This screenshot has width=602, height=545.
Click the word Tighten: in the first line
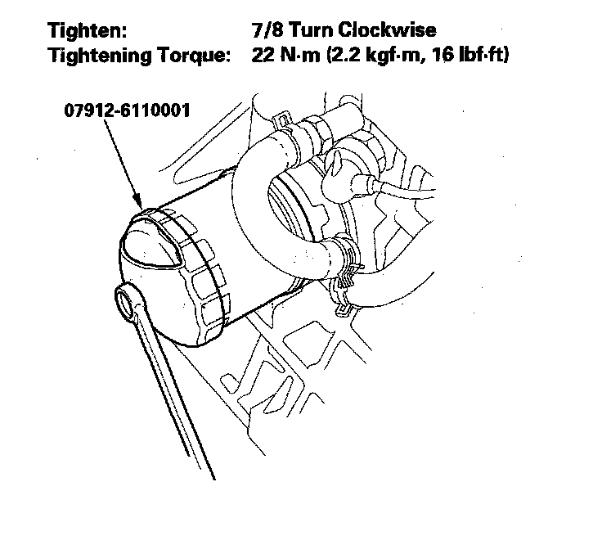[88, 30]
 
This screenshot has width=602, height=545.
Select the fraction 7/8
[267, 29]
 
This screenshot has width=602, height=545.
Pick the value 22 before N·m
[263, 55]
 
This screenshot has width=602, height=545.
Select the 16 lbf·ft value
[470, 55]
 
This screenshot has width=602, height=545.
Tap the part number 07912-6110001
[127, 110]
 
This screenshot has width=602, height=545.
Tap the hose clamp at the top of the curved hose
[286, 127]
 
